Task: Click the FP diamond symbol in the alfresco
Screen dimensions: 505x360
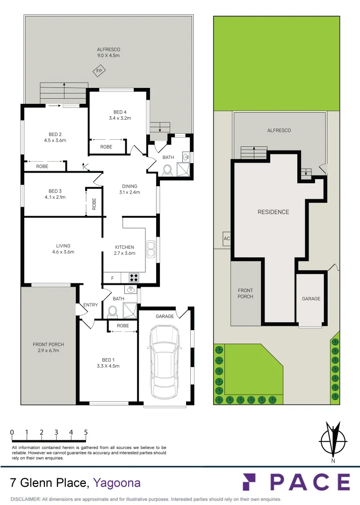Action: tap(99, 72)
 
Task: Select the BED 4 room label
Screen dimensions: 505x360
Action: tap(120, 115)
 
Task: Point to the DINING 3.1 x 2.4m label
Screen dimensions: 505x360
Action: tap(130, 189)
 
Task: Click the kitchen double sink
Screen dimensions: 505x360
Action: tap(151, 249)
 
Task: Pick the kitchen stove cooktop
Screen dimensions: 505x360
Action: tap(134, 277)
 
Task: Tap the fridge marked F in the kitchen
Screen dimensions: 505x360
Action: tap(112, 278)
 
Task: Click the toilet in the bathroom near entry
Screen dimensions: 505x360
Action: tap(112, 310)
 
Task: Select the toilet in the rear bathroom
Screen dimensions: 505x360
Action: tap(168, 170)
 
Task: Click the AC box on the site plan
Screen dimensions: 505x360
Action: tap(227, 239)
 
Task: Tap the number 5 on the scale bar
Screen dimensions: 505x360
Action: tap(86, 433)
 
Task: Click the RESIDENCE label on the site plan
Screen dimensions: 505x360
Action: tap(274, 212)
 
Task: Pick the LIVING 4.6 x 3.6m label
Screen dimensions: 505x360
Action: tap(63, 249)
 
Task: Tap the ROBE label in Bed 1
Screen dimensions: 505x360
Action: tap(123, 326)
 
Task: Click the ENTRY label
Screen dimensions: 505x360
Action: tap(91, 305)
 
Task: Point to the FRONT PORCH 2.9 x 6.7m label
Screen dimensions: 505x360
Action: tap(48, 347)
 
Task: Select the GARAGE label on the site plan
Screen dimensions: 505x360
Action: tap(311, 298)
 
